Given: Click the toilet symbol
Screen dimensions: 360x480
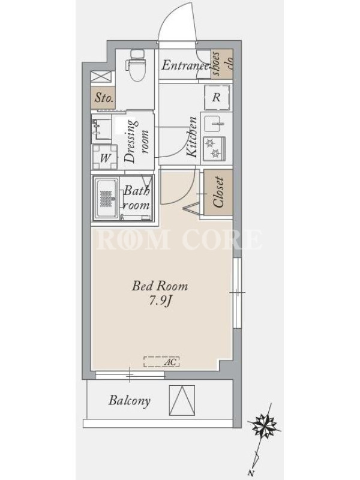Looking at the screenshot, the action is point(136,65).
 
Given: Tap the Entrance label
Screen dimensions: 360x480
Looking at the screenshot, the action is point(185,65).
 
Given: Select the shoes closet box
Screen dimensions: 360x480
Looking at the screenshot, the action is point(222,64).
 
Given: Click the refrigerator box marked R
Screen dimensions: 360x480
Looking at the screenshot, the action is point(217,97).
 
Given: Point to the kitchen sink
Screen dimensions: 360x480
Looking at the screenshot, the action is point(214,124).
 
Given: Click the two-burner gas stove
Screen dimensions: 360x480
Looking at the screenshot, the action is point(214,148).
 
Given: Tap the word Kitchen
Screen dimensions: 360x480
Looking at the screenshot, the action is point(192,137).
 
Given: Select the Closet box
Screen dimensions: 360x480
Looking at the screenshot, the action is point(218,191).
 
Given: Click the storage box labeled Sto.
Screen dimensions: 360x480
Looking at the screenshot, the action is point(103,97).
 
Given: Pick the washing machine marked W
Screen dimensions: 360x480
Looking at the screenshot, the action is point(104,157).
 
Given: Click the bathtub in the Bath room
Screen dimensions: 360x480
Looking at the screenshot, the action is point(106,199).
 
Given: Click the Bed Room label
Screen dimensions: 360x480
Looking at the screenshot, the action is point(160,286).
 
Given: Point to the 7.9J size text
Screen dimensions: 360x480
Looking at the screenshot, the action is point(160,301).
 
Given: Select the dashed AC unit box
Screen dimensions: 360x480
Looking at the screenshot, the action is point(161,362).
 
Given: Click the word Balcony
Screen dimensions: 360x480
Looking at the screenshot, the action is point(130,400).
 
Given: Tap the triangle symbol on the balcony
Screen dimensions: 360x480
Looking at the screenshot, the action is point(182,400).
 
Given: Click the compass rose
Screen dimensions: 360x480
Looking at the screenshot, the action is point(264,425).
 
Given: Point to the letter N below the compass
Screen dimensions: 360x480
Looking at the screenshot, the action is point(251,473).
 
